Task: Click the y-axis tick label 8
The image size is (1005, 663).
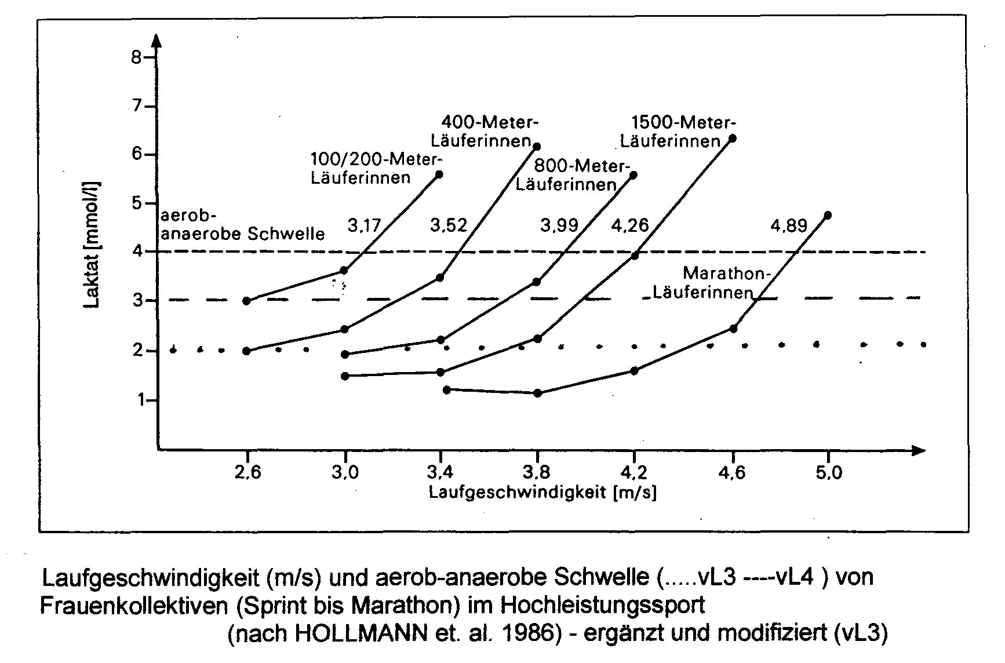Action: tap(137, 57)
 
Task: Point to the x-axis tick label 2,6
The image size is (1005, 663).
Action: tap(247, 472)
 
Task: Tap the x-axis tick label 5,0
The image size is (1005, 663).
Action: tap(828, 472)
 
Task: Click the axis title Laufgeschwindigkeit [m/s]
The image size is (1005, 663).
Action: tap(542, 493)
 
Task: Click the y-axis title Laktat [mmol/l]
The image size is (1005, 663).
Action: tap(92, 245)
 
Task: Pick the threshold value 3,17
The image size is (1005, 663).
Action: tap(364, 225)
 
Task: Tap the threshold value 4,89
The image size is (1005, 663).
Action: tap(788, 225)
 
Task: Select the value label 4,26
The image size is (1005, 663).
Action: tap(630, 225)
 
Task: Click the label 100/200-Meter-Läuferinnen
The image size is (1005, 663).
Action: tap(377, 168)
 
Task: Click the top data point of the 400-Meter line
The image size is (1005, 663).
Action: tap(537, 147)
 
